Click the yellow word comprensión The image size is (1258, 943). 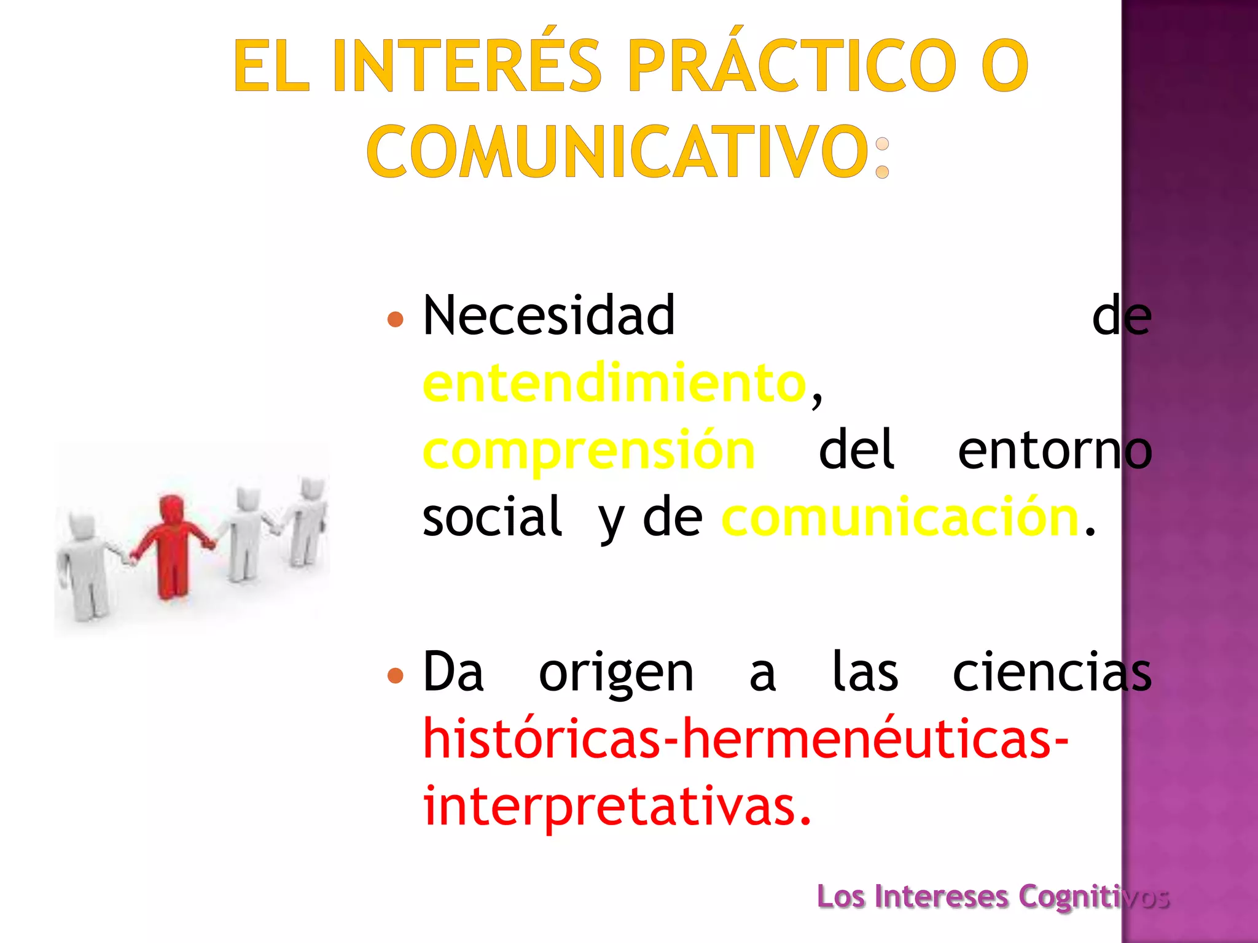(x=588, y=451)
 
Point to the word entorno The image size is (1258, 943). (x=1054, y=451)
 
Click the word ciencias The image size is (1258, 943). (x=1052, y=673)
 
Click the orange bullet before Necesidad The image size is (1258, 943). (x=396, y=319)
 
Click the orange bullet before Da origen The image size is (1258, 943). (x=396, y=676)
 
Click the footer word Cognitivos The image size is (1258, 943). (x=1093, y=897)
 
